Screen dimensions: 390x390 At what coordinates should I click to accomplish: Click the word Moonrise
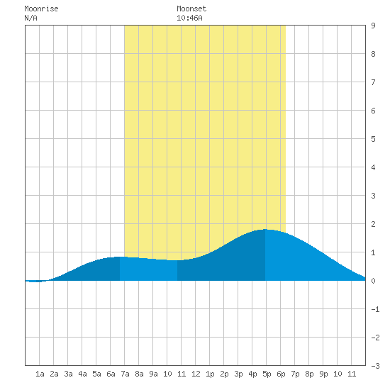pyautogui.click(x=41, y=9)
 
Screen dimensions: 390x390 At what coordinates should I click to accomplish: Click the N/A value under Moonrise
pyautogui.click(x=30, y=18)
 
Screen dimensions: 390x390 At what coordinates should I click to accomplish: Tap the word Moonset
pyautogui.click(x=191, y=9)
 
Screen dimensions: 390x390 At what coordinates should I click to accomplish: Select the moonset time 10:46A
pyautogui.click(x=189, y=18)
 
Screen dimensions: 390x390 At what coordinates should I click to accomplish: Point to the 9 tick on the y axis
pyautogui.click(x=373, y=26)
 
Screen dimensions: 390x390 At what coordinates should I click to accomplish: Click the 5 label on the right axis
pyautogui.click(x=373, y=139)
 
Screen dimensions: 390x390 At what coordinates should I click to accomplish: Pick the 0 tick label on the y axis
pyautogui.click(x=373, y=281)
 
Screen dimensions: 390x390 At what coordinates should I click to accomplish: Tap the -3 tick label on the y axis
pyautogui.click(x=375, y=366)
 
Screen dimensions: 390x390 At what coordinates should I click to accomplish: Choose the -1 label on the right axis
pyautogui.click(x=375, y=309)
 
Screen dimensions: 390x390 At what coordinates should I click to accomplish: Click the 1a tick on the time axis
pyautogui.click(x=40, y=374)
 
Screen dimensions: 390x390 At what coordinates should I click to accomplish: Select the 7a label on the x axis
pyautogui.click(x=125, y=374)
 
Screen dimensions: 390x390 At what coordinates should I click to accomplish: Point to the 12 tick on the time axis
pyautogui.click(x=196, y=374)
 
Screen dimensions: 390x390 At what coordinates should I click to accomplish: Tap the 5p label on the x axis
pyautogui.click(x=267, y=374)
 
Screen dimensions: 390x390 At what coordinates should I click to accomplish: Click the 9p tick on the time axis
pyautogui.click(x=323, y=374)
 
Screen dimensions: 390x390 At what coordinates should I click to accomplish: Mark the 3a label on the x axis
pyautogui.click(x=68, y=374)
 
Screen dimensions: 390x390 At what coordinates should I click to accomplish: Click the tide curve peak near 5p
pyautogui.click(x=265, y=229)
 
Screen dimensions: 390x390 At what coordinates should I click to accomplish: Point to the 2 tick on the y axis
pyautogui.click(x=373, y=224)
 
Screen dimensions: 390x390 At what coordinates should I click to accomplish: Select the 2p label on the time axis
pyautogui.click(x=224, y=374)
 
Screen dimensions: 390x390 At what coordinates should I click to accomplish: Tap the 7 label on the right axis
pyautogui.click(x=373, y=82)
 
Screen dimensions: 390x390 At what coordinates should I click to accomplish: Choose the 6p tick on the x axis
pyautogui.click(x=281, y=374)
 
